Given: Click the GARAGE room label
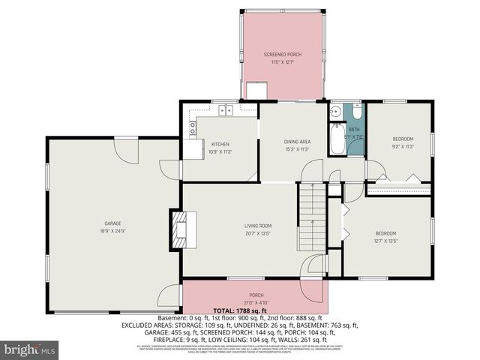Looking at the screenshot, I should (x=112, y=223).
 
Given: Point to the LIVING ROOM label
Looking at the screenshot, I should (x=257, y=226).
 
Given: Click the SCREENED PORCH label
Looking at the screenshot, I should (x=282, y=55).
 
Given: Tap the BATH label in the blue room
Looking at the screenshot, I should (x=353, y=130).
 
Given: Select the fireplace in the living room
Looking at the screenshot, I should (x=180, y=229).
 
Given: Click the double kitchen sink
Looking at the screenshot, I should (x=224, y=112).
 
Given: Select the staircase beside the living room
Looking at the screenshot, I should (x=311, y=210).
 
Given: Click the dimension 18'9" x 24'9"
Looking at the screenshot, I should (x=112, y=231).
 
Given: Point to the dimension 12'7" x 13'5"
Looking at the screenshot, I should (x=385, y=241).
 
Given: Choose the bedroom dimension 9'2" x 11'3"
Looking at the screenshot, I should (x=403, y=147).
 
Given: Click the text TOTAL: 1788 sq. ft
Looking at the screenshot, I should (x=240, y=310).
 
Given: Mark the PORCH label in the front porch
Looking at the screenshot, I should (x=256, y=295).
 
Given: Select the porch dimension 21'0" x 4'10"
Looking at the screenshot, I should (x=256, y=302).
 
